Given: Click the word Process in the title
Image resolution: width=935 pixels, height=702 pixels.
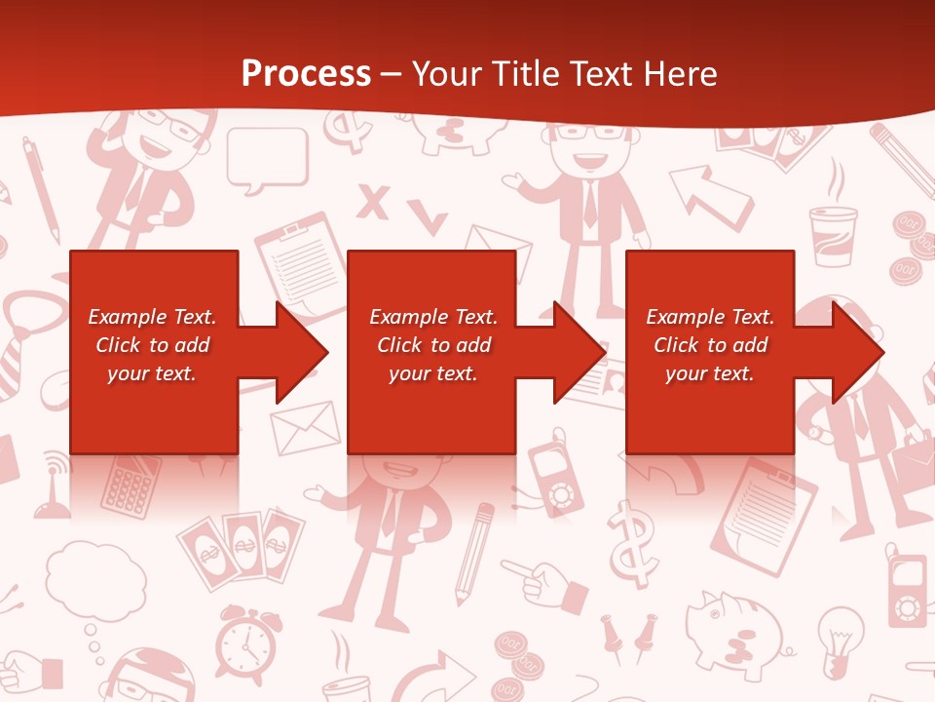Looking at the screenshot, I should [306, 74].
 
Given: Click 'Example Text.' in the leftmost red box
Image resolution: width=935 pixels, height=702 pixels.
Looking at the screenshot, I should [152, 316].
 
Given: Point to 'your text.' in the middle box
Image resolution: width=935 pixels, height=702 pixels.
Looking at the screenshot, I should [432, 373].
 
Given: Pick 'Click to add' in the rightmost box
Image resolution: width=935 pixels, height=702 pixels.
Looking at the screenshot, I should [710, 345].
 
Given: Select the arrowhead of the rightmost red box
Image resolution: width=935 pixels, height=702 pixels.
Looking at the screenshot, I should [856, 352].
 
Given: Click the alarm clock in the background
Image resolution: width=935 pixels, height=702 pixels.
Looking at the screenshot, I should [245, 644].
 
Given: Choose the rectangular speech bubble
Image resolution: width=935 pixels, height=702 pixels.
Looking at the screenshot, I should [267, 156].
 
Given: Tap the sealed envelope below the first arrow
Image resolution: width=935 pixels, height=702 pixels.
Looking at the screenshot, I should [305, 427].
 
